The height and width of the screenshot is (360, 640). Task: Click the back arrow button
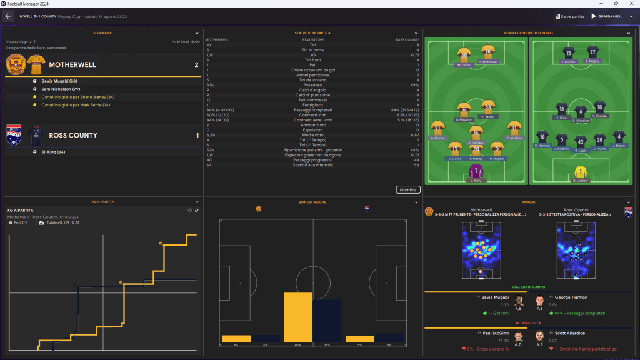pos(9,16)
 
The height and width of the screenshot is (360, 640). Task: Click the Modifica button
pos(407,189)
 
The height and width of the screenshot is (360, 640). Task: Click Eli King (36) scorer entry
pos(54,152)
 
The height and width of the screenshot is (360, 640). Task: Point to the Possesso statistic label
pos(312,85)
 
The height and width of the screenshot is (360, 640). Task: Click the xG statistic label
pos(312,55)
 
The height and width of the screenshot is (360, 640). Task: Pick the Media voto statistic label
pos(312,134)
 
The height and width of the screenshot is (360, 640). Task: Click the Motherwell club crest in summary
pos(15,64)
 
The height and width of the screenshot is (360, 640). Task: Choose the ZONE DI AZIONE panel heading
pos(312,202)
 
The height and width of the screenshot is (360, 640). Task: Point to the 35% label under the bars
pos(327,345)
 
